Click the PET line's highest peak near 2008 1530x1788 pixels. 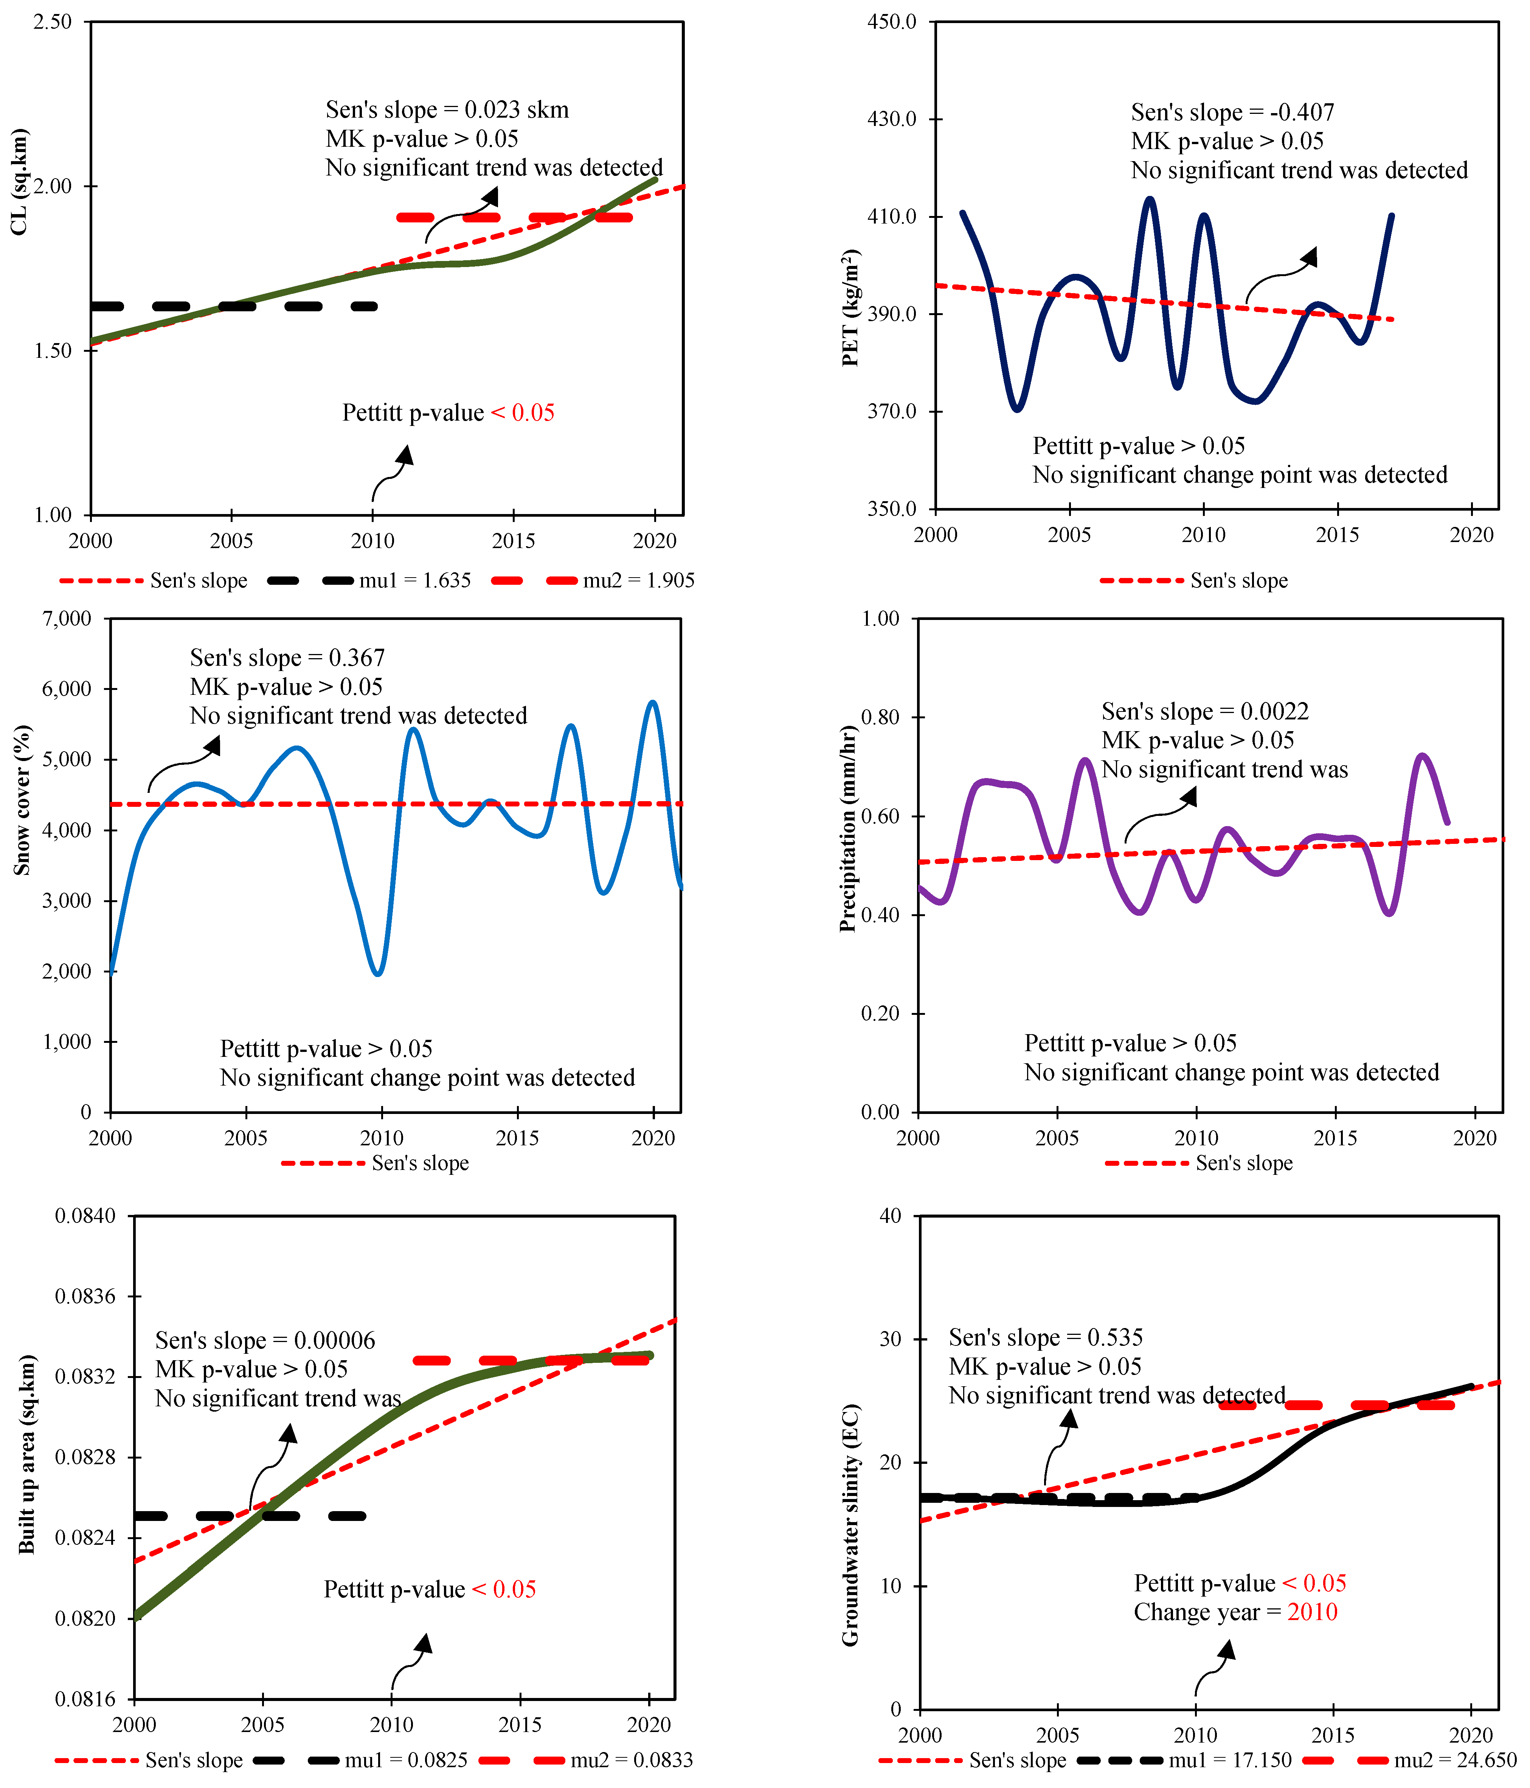click(1150, 199)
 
